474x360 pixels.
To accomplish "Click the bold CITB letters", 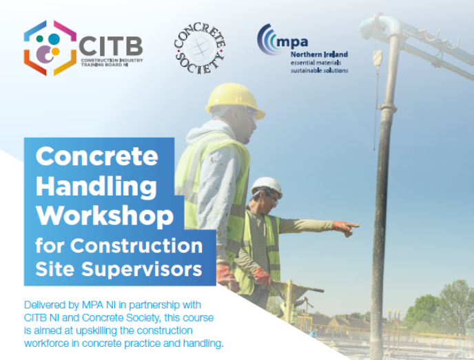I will tap(110, 46).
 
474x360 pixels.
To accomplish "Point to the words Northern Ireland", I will tap(319, 54).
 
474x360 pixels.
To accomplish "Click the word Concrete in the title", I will tap(96, 156).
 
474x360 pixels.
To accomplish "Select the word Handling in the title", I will tap(96, 186).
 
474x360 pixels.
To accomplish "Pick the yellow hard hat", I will tap(234, 98).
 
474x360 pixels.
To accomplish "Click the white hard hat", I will tap(266, 186).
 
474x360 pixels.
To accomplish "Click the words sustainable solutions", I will tap(319, 70).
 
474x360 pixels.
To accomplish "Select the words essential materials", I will tap(316, 63).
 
